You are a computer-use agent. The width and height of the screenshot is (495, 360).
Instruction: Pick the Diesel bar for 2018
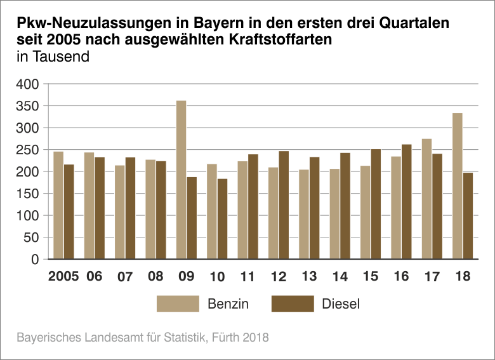coord(468,215)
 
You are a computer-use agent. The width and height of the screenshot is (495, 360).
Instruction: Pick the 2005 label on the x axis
coord(63,277)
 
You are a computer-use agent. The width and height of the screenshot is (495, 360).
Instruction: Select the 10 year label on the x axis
coord(217,277)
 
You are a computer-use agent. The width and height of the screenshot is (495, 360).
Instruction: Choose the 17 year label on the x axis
coord(432,277)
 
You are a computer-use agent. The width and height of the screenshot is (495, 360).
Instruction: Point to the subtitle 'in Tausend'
coord(53,57)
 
